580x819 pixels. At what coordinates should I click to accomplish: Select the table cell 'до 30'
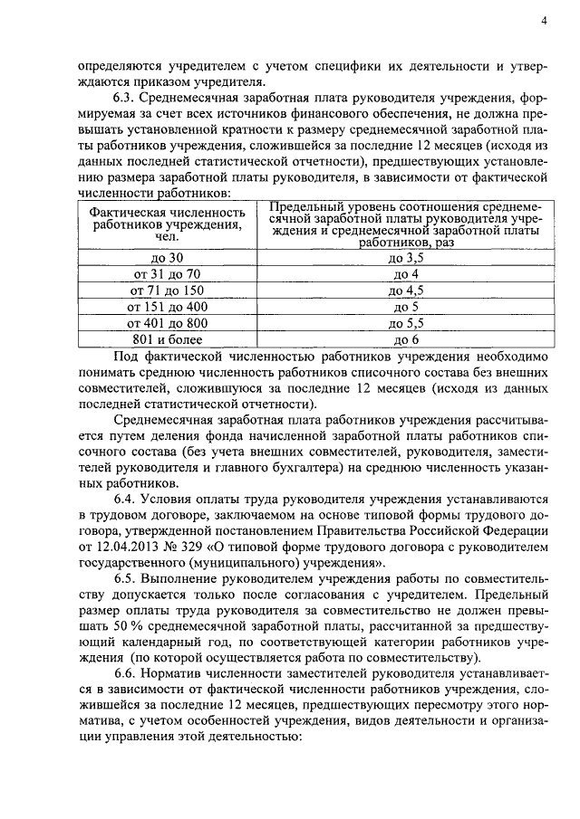coord(168,259)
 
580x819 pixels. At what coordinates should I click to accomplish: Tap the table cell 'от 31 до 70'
coord(168,275)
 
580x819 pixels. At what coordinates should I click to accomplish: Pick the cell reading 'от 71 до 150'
coord(168,291)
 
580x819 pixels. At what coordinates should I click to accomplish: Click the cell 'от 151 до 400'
coord(168,308)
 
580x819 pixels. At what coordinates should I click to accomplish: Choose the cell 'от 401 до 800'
coord(168,324)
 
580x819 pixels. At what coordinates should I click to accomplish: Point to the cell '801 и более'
coord(168,340)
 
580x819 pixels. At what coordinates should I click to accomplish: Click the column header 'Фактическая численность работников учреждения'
coord(168,224)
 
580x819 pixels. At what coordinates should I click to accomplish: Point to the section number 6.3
coord(126,97)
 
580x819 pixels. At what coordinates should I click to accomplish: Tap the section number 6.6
coord(126,677)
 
